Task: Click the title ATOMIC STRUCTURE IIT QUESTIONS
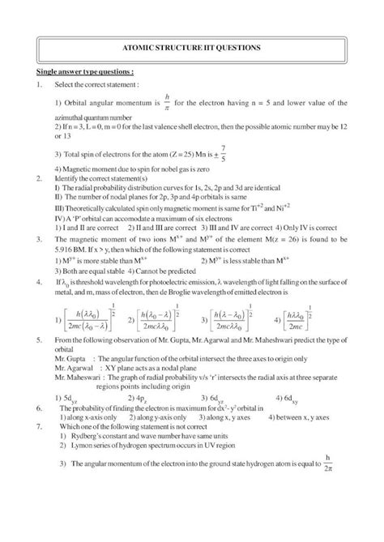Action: click(191, 49)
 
